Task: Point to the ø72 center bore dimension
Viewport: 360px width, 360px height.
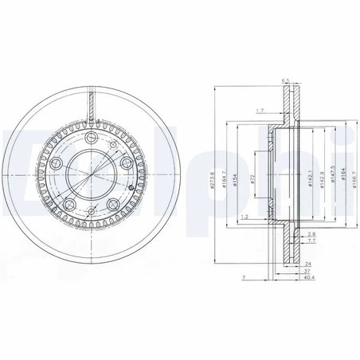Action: pyautogui.click(x=251, y=182)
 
